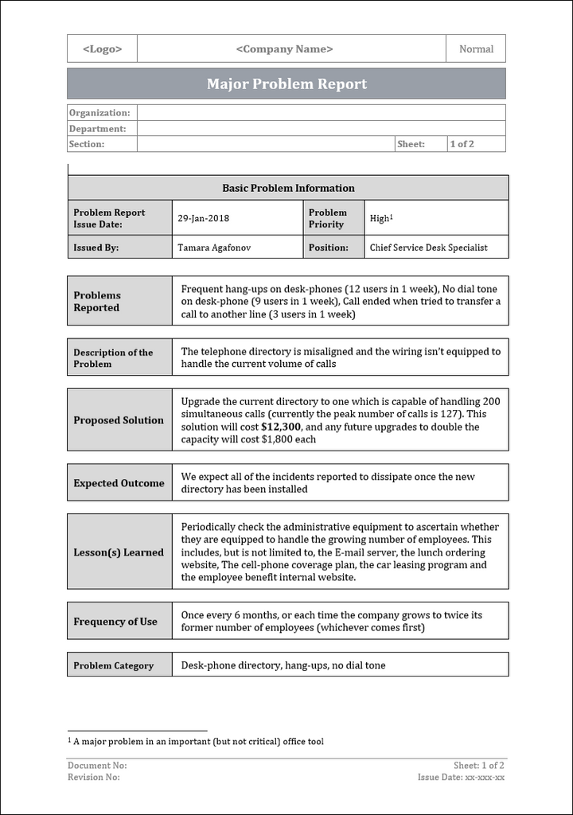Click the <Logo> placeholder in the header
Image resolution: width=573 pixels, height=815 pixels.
(x=102, y=49)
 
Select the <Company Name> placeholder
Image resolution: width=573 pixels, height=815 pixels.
(x=284, y=49)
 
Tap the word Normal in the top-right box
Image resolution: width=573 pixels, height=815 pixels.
(x=476, y=49)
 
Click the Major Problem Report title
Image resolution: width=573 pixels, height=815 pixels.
(x=286, y=84)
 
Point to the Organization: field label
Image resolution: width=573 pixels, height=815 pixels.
(x=99, y=113)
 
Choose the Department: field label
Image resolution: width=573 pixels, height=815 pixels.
(x=97, y=129)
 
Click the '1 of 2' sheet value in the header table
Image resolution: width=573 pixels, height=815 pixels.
(x=462, y=144)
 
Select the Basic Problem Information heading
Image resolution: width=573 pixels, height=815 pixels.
(x=288, y=188)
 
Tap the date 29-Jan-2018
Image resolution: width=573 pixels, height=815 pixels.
(x=203, y=218)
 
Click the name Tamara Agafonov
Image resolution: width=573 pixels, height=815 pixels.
(x=212, y=248)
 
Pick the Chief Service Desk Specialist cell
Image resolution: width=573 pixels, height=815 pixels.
(x=428, y=248)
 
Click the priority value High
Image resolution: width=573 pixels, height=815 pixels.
(x=380, y=218)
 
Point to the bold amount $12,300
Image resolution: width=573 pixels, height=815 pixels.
(x=283, y=427)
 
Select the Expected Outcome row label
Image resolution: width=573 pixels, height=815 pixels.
(x=119, y=483)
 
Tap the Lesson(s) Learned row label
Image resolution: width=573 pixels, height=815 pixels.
(x=119, y=552)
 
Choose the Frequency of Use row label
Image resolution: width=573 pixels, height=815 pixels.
(x=115, y=622)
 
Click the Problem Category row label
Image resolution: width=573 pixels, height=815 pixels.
(x=113, y=665)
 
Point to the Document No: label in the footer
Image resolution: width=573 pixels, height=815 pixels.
(x=97, y=765)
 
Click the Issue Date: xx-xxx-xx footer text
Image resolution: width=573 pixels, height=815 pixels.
(x=461, y=777)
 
